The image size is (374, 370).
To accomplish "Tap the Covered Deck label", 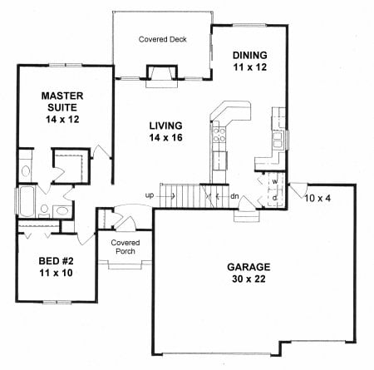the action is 163,39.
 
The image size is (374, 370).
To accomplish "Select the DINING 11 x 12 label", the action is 250,61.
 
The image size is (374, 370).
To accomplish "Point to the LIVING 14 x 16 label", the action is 165,131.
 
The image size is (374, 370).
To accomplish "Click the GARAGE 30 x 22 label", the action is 249,273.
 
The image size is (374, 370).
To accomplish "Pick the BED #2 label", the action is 56,261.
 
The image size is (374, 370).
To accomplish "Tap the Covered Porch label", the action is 125,247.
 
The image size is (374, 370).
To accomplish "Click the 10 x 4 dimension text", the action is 317,198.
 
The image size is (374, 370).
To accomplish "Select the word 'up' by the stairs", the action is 150,195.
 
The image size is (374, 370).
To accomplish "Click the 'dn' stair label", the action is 234,196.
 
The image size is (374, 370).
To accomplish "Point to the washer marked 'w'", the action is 275,182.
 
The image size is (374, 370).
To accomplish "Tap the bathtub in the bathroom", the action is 27,201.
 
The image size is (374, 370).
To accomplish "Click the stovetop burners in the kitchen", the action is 219,136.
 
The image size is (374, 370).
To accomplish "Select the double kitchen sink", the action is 278,141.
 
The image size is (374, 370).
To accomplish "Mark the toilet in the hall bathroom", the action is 44,211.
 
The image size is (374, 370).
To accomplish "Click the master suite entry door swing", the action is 101,151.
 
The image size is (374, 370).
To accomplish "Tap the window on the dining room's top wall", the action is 249,26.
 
